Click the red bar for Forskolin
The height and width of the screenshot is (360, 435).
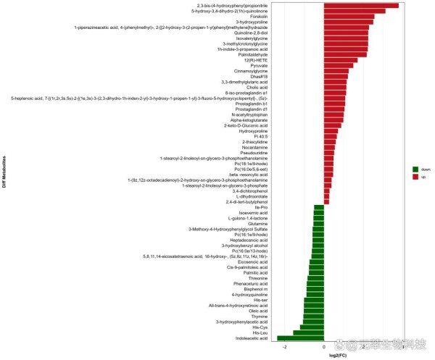click(x=349, y=16)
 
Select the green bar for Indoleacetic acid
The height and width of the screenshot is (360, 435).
click(x=300, y=338)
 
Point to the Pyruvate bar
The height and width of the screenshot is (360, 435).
click(x=338, y=65)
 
